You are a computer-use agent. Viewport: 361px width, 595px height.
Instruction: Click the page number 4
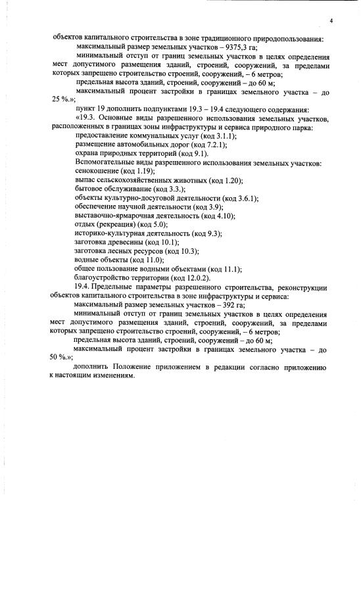(331, 22)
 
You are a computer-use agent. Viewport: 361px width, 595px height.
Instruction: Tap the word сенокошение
(98, 171)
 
